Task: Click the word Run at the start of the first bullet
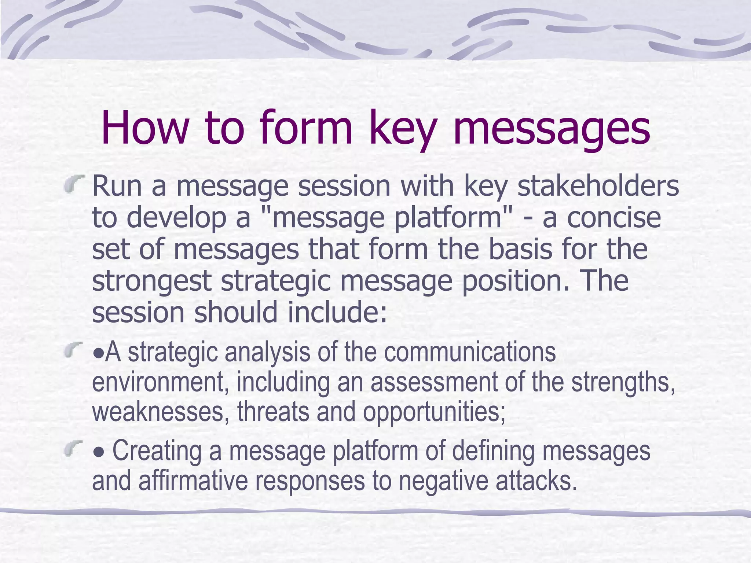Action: [117, 186]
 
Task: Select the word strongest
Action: [151, 281]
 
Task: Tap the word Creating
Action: [157, 451]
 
